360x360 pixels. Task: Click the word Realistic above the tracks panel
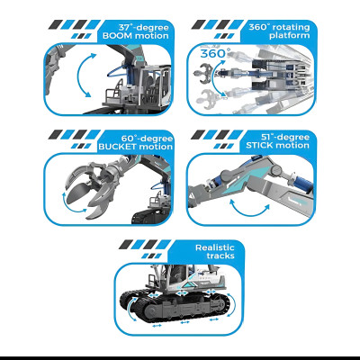[x=215, y=247]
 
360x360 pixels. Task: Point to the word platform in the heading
[x=290, y=36]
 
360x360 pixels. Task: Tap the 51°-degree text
[x=285, y=137]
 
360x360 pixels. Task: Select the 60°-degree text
[x=147, y=139]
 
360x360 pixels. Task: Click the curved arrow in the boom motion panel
[x=78, y=74]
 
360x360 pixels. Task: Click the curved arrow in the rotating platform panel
[x=213, y=77]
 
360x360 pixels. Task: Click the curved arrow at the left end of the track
[x=129, y=308]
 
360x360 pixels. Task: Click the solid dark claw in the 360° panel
[x=202, y=73]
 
